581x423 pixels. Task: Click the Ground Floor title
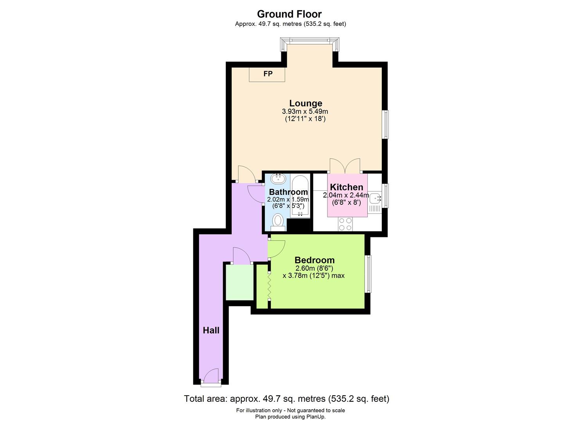point(289,14)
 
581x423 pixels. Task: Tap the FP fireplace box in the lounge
point(267,74)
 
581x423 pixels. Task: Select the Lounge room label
point(306,103)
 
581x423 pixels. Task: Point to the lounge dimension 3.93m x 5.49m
point(305,112)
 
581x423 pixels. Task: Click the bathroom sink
point(278,179)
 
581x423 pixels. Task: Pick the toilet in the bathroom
point(278,221)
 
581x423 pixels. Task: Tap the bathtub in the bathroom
point(300,196)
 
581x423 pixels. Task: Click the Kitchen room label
point(346,187)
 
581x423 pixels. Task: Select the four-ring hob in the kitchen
point(345,224)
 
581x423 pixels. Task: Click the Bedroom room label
point(314,260)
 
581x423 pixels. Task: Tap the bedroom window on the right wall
point(368,274)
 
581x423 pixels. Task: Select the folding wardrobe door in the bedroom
point(269,285)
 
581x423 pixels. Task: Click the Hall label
point(211,331)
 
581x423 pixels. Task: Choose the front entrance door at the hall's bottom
point(211,377)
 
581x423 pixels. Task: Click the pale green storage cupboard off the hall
point(240,282)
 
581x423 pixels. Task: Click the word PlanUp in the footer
point(315,417)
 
